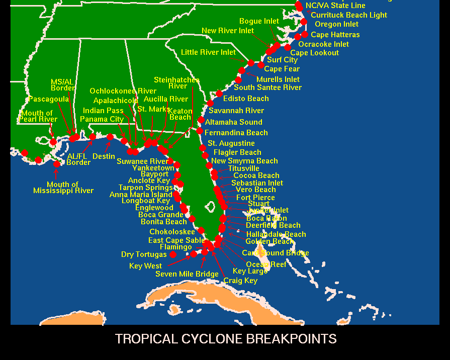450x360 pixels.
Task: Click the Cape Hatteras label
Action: tap(335, 35)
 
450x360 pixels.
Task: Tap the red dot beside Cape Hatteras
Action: tap(305, 35)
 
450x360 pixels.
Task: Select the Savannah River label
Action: tap(236, 111)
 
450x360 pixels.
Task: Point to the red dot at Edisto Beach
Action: tap(219, 94)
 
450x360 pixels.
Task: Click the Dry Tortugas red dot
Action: tap(173, 255)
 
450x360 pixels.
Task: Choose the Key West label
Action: tap(145, 266)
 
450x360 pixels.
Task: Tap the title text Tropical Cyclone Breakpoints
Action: tap(225, 339)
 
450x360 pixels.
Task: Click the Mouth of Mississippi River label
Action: tap(63, 188)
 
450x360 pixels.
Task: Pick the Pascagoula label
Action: tap(48, 99)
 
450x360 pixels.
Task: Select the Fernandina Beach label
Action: tap(236, 133)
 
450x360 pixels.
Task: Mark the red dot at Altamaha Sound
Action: tap(201, 120)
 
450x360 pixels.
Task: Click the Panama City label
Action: tap(102, 119)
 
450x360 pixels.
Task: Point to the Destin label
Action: tap(104, 156)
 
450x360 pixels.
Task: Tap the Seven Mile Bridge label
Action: tap(187, 274)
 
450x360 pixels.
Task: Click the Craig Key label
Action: tap(240, 281)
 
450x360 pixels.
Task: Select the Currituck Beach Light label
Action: tap(349, 15)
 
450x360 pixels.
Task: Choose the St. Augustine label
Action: tap(231, 143)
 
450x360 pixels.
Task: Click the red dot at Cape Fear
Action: tap(261, 65)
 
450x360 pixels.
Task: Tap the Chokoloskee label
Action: tap(172, 232)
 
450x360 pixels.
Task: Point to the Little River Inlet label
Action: tap(208, 52)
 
